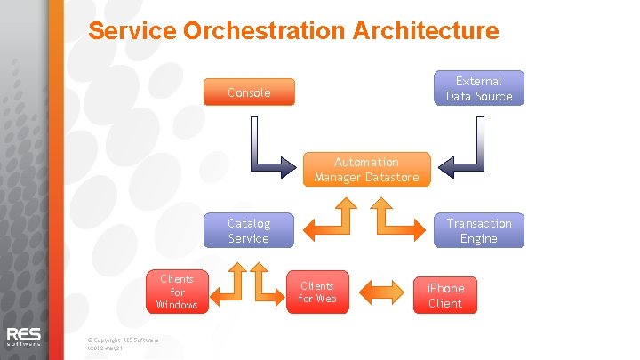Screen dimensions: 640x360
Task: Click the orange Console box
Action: click(x=249, y=92)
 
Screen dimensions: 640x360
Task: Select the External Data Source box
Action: click(x=479, y=88)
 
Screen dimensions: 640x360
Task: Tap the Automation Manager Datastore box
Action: click(x=367, y=169)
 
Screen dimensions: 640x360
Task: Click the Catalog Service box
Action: click(x=249, y=230)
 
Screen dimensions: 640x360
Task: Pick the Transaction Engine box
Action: click(x=479, y=230)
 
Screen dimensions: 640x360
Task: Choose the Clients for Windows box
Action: click(x=177, y=292)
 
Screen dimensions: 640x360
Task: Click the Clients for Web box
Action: click(x=317, y=292)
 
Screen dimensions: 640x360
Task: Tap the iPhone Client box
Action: click(x=445, y=295)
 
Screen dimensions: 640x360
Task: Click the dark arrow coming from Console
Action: click(x=267, y=151)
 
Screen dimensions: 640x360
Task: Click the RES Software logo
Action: click(x=24, y=338)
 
